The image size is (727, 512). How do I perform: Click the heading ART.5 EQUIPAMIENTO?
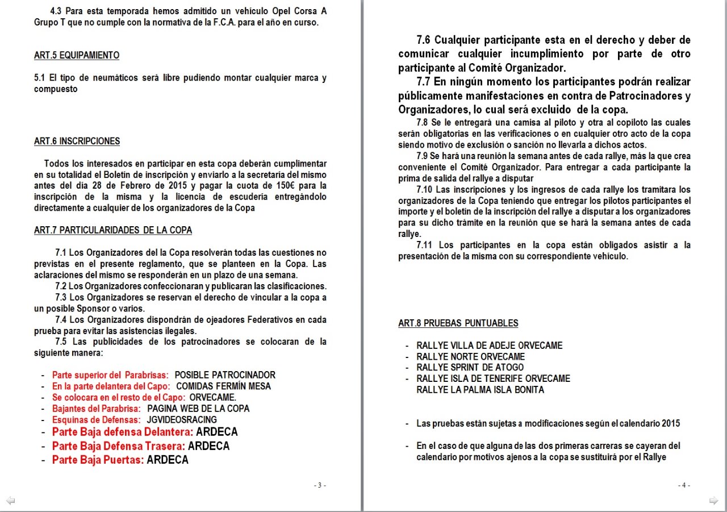click(x=77, y=56)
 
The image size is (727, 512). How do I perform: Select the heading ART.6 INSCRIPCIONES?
click(x=77, y=141)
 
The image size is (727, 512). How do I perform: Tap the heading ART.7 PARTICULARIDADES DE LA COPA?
click(x=113, y=230)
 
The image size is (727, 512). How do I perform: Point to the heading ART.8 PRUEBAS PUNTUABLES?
click(x=458, y=323)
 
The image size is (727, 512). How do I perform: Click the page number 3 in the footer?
click(x=320, y=485)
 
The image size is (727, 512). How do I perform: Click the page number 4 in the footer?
click(x=684, y=485)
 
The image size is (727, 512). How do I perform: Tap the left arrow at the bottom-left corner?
click(x=10, y=501)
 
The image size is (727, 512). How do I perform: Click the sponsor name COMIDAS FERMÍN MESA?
click(x=224, y=386)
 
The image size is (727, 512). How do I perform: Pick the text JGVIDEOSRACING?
click(x=182, y=420)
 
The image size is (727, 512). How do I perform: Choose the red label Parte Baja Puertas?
click(x=98, y=460)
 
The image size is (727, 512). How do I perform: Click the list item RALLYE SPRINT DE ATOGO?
click(x=470, y=368)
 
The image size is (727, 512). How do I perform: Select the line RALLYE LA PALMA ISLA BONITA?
click(x=480, y=390)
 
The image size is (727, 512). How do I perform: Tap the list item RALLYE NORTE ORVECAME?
click(x=470, y=357)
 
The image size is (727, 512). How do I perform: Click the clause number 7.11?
click(x=426, y=245)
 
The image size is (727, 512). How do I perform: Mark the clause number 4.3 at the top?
click(x=57, y=11)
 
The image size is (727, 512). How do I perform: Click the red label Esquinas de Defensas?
click(x=97, y=420)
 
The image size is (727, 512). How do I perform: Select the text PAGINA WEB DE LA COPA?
click(x=198, y=409)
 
